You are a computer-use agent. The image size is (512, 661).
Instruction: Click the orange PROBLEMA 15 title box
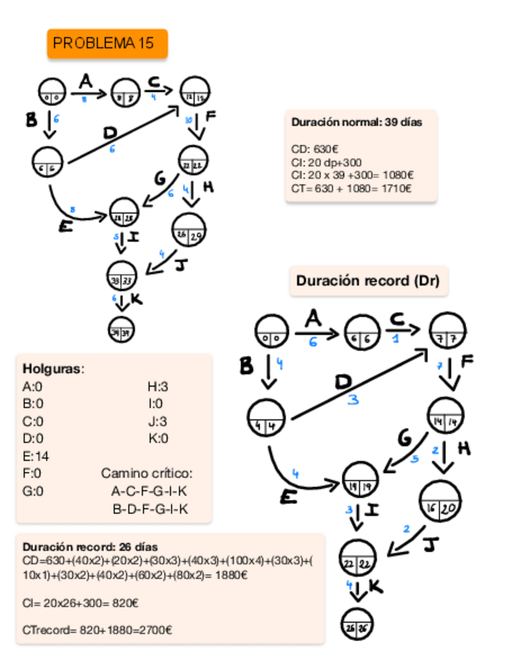[x=108, y=44]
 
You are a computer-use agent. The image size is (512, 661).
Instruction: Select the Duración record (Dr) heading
[x=369, y=281]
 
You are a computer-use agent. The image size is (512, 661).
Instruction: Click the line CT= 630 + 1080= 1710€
[x=351, y=188]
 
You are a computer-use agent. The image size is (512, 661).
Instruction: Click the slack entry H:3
[x=157, y=385]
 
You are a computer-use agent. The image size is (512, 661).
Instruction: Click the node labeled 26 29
[x=187, y=233]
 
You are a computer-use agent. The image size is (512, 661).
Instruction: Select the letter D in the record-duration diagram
[x=343, y=382]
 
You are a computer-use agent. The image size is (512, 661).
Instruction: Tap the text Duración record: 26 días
[x=91, y=547]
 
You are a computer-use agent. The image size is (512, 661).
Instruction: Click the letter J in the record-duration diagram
[x=428, y=544]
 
